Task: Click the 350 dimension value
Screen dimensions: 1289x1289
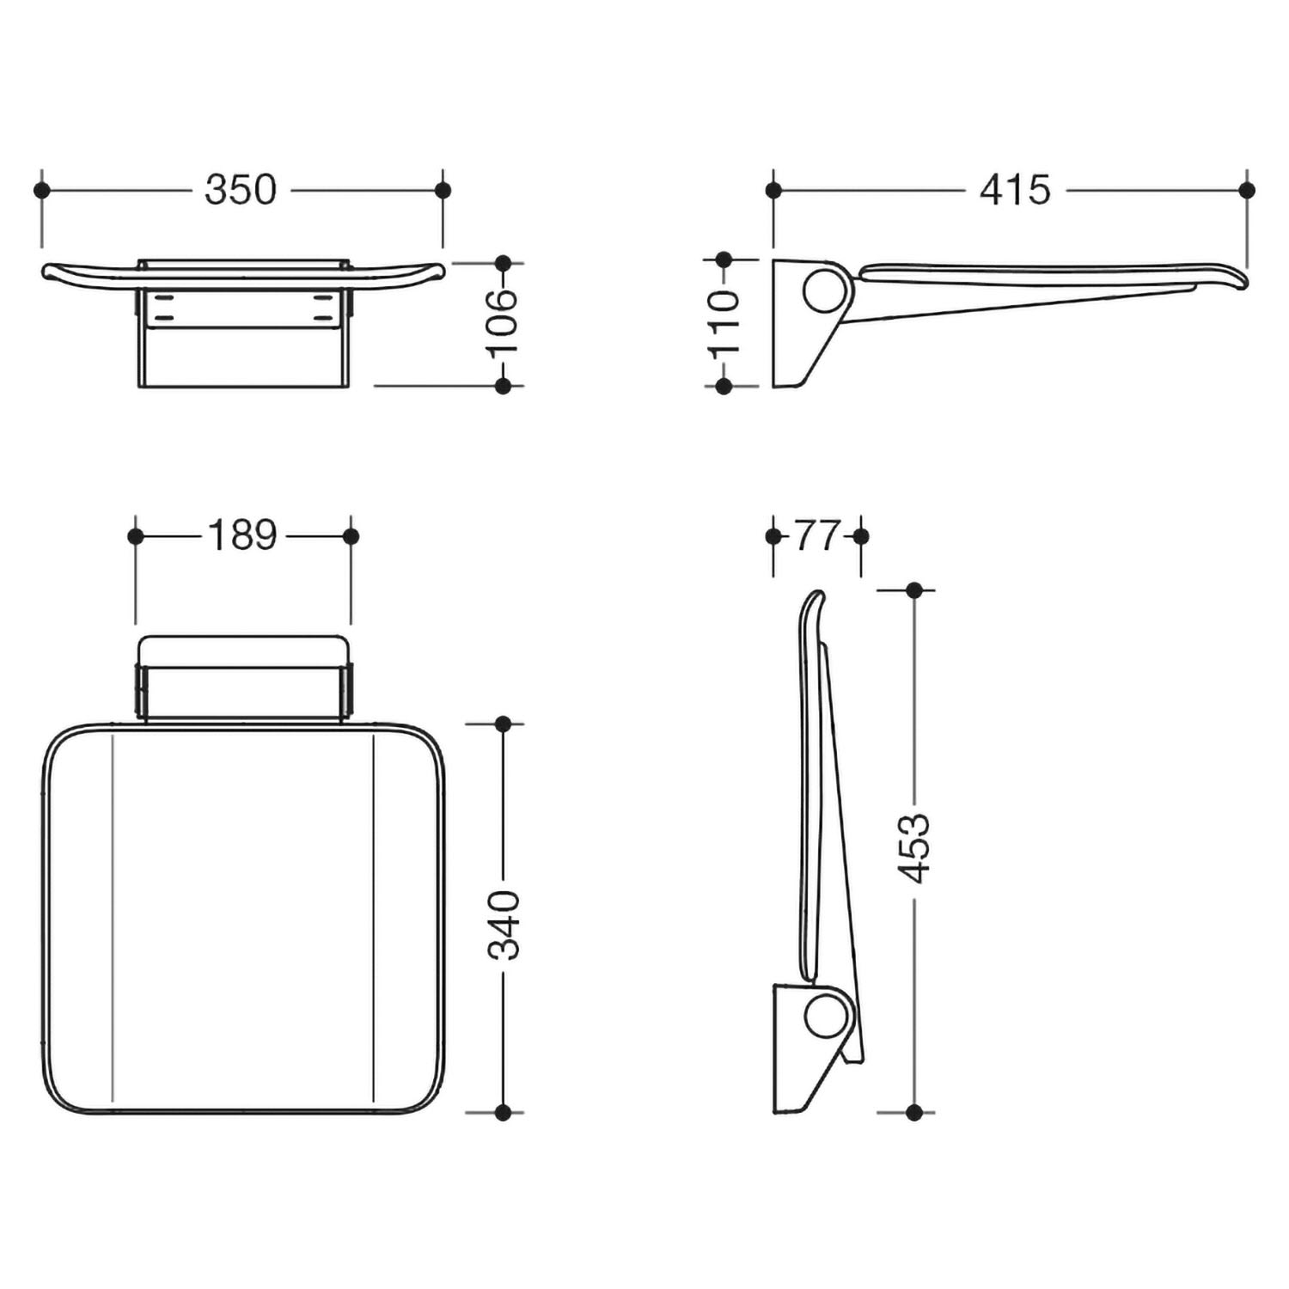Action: point(241,190)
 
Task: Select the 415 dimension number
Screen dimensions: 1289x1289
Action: point(1015,190)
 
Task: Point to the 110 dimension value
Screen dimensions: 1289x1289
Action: point(724,323)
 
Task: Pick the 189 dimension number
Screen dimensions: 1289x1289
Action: point(242,536)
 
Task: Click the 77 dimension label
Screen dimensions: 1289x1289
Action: point(816,536)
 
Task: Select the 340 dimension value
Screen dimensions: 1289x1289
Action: point(504,925)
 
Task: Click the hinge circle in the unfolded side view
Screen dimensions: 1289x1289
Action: point(824,290)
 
